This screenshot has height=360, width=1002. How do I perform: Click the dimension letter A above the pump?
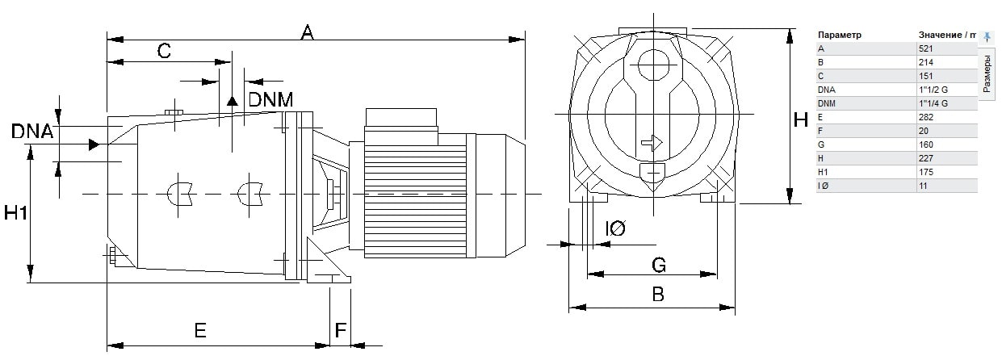[307, 32]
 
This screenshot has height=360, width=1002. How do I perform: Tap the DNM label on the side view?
[270, 99]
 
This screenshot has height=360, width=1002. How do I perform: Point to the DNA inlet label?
[31, 132]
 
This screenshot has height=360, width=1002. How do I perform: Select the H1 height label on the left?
[15, 212]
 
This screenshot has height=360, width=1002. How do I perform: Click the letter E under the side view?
[200, 330]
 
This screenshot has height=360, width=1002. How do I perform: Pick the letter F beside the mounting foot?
[341, 330]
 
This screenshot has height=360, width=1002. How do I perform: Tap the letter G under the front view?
[659, 265]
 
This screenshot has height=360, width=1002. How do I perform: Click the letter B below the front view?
[658, 295]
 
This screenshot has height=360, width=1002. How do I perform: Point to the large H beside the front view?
[800, 119]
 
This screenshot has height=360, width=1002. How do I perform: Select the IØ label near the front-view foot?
[615, 228]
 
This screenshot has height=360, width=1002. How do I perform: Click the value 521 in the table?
[925, 48]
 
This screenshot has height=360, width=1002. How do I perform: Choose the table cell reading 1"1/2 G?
[933, 90]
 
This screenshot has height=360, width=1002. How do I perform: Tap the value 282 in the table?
[925, 117]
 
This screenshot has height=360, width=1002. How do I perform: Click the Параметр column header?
[839, 35]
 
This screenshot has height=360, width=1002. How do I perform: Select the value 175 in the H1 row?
[925, 172]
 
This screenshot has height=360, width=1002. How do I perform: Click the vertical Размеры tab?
[987, 74]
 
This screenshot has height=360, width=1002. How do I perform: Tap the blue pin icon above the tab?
[987, 36]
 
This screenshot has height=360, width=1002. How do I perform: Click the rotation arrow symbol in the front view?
[652, 143]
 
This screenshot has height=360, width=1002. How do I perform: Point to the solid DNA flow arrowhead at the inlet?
[94, 144]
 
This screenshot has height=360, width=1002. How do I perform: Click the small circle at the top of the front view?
[653, 65]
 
